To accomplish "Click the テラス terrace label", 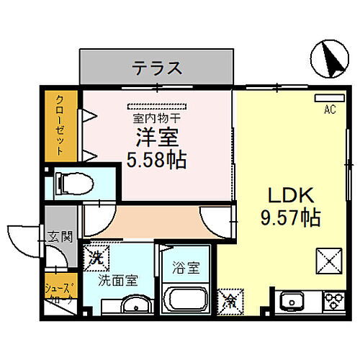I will coord(156,70).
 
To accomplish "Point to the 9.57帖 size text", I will coord(289,215).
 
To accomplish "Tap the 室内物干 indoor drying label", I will coord(156,117).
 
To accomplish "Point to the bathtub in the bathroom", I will coord(186,300).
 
